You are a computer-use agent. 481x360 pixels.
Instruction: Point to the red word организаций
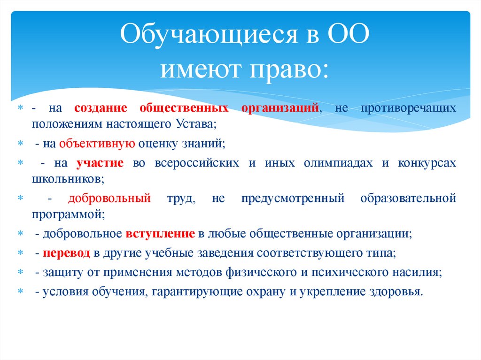(x=280, y=108)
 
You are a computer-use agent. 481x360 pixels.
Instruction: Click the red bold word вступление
(x=160, y=234)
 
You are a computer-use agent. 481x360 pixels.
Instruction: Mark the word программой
(x=68, y=215)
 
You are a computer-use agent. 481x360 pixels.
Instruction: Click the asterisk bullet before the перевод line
(x=21, y=253)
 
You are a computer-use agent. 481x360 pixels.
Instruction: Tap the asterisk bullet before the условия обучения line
(x=21, y=292)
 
